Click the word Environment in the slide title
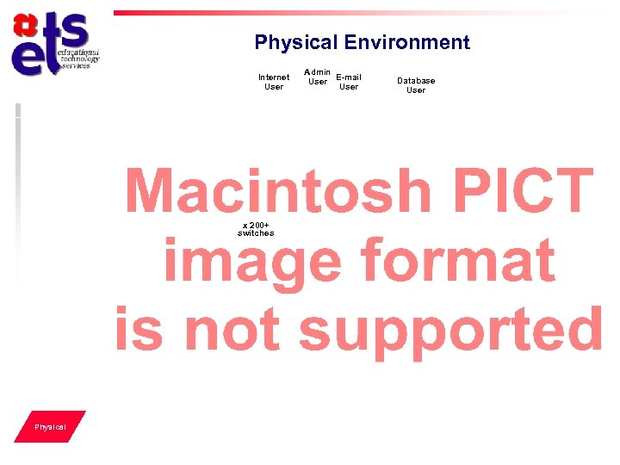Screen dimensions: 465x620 pos(406,43)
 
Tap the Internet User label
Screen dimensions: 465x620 pos(274,82)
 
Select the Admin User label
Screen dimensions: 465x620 pos(318,77)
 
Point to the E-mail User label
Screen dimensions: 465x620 pos(349,82)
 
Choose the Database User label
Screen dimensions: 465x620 pos(416,85)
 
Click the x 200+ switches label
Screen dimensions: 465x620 pos(256,228)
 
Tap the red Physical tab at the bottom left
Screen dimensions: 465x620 pos(50,427)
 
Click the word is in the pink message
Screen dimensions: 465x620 pos(138,330)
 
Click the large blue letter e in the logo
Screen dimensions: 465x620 pos(32,58)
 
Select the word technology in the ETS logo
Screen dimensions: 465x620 pos(80,59)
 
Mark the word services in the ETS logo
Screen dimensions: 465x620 pos(76,66)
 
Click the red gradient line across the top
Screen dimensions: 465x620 pos(344,13)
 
